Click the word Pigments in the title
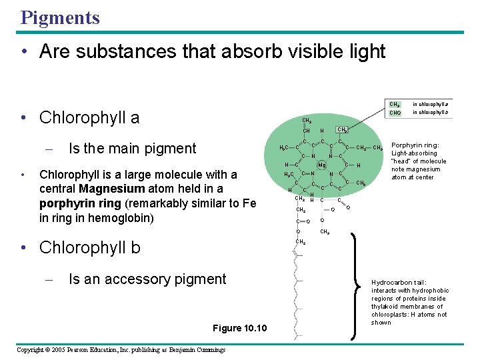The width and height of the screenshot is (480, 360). point(60,17)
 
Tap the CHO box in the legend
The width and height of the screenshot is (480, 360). point(395,113)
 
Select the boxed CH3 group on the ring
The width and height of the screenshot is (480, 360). point(341,130)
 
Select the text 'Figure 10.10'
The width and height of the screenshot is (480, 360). point(239,327)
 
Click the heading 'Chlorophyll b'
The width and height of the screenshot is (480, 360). point(89,247)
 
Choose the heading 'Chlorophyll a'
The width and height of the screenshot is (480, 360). point(89,118)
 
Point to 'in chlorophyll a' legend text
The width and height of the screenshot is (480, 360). point(430,104)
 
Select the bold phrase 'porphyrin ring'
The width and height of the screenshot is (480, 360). point(75,203)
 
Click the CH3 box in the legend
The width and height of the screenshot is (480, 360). point(395,104)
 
